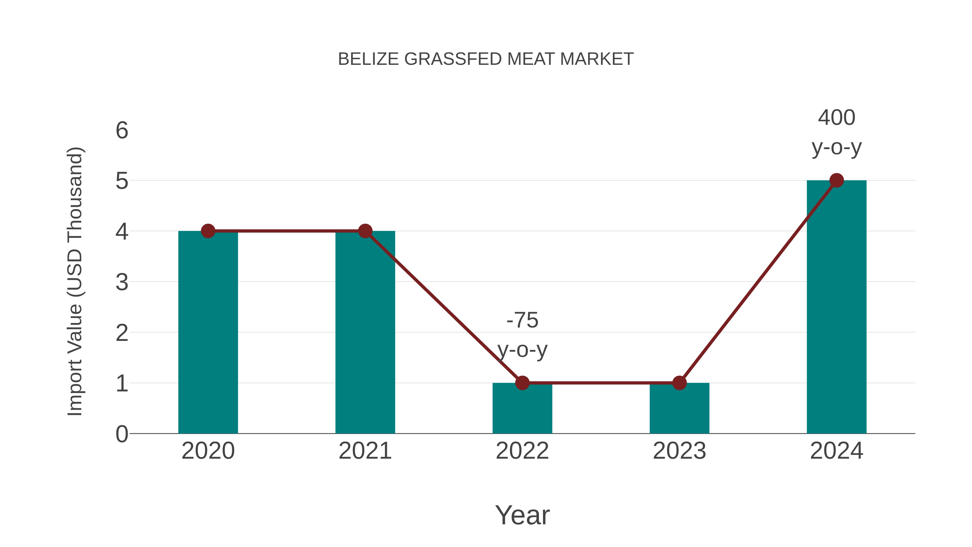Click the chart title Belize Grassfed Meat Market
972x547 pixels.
486,59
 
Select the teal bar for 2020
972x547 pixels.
208,332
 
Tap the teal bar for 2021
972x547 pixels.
365,332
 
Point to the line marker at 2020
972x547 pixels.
208,231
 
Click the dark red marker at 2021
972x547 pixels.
365,231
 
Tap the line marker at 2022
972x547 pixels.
522,383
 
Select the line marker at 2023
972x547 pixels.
679,383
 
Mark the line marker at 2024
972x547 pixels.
836,180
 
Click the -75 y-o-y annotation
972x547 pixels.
522,335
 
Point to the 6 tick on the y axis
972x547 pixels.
122,131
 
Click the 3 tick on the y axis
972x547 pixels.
122,282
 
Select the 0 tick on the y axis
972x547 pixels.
122,434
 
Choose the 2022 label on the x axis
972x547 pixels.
522,451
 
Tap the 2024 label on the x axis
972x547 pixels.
836,451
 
